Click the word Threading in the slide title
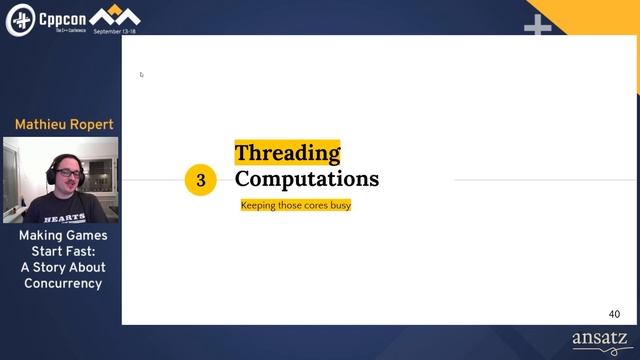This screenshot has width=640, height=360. [x=287, y=153]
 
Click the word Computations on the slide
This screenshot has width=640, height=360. [x=307, y=179]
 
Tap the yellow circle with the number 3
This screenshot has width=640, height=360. [x=201, y=180]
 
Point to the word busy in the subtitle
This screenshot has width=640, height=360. [x=340, y=205]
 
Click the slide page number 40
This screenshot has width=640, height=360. [x=614, y=314]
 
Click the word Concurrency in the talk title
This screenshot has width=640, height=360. [x=63, y=283]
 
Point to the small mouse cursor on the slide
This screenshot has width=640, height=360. [x=141, y=74]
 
